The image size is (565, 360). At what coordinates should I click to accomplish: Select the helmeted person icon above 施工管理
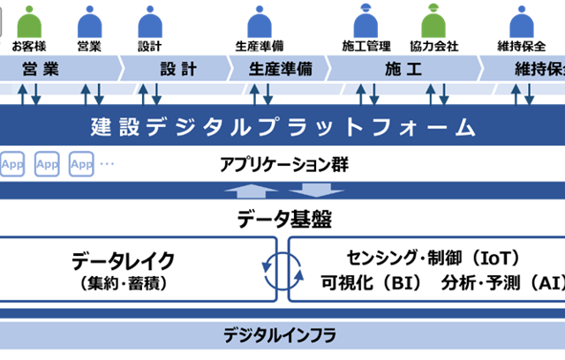[365, 20]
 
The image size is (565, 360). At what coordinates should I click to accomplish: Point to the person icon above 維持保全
[519, 20]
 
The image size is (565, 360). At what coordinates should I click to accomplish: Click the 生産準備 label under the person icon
[260, 45]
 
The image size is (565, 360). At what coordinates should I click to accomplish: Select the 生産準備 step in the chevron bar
[280, 69]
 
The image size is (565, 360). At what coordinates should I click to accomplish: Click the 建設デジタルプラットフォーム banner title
[283, 126]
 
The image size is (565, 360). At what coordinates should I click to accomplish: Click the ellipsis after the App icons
[108, 164]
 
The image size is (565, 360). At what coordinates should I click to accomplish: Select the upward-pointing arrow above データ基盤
[256, 191]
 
